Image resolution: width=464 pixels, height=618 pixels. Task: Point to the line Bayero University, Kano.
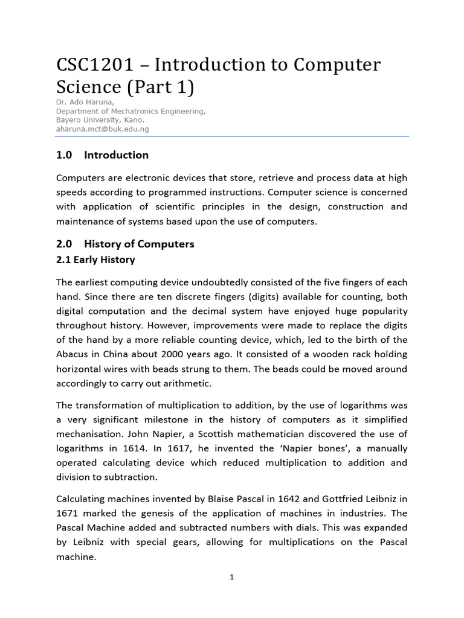(x=100, y=119)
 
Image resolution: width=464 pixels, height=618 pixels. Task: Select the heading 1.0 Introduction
(x=102, y=155)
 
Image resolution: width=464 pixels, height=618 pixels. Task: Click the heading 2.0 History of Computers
(x=125, y=244)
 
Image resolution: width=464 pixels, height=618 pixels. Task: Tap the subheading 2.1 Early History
(x=95, y=260)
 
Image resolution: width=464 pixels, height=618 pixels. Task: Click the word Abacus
(x=72, y=354)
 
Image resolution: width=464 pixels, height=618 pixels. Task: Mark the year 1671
(x=68, y=513)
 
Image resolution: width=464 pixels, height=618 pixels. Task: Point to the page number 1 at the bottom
(x=232, y=577)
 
